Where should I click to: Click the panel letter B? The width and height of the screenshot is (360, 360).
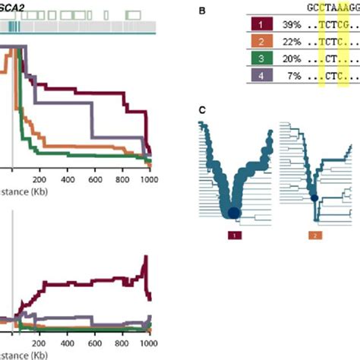[x=201, y=11]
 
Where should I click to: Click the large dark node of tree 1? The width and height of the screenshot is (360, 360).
[x=233, y=213]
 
